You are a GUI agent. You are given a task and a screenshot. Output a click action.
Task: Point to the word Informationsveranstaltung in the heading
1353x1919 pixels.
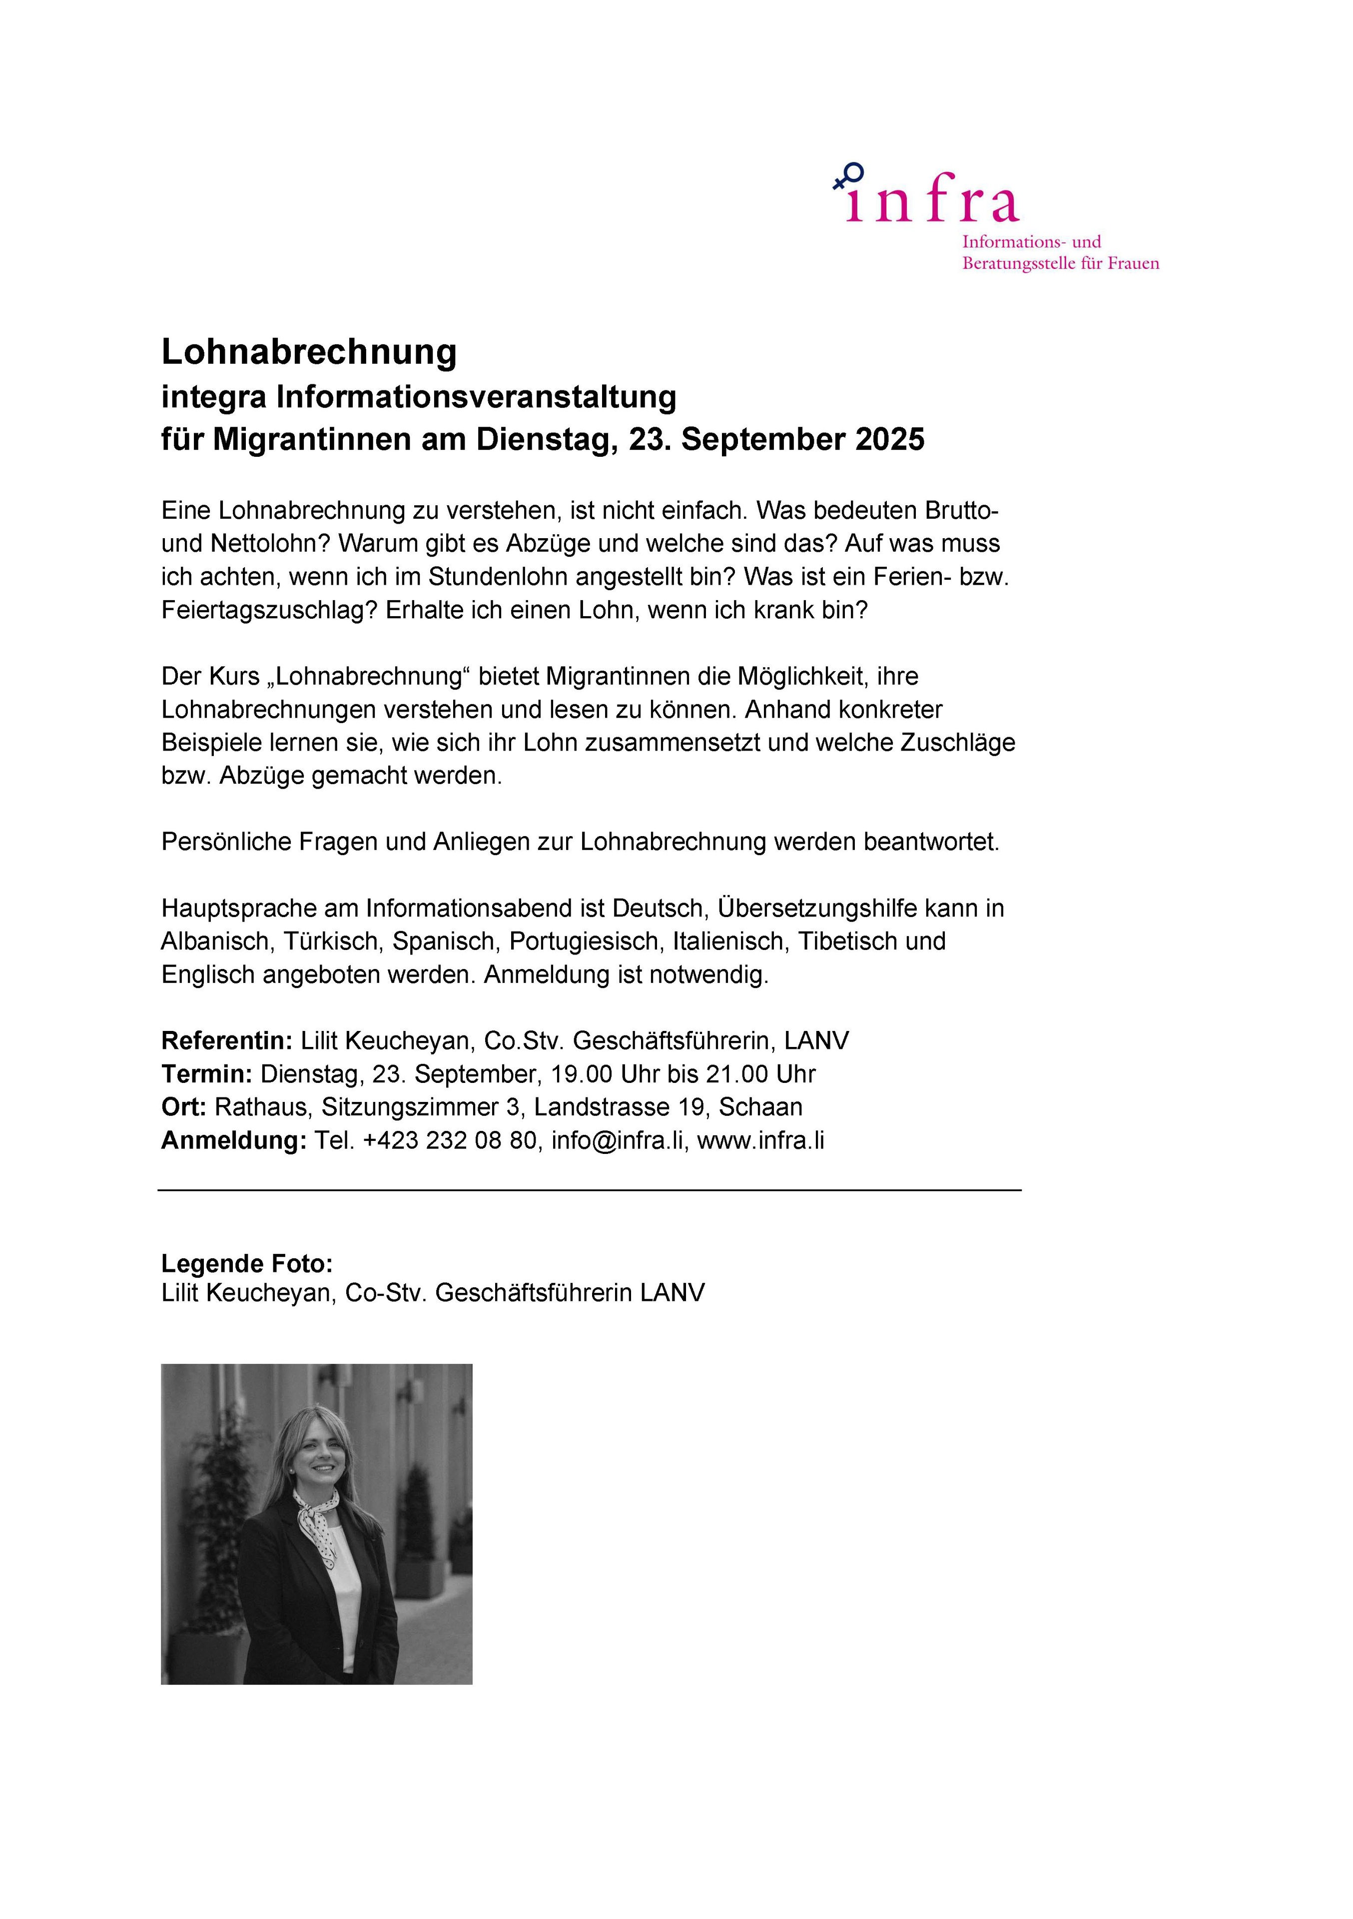(476, 396)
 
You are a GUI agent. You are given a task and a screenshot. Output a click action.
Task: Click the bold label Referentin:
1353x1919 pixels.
(226, 1040)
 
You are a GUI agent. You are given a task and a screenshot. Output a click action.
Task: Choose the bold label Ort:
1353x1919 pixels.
(183, 1107)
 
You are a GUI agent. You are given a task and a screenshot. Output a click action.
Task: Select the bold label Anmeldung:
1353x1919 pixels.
(234, 1141)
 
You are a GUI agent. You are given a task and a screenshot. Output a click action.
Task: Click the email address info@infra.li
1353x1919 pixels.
(619, 1141)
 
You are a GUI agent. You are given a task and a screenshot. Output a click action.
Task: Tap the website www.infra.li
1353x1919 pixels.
(760, 1141)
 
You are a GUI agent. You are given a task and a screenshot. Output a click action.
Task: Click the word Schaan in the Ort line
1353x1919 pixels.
(760, 1107)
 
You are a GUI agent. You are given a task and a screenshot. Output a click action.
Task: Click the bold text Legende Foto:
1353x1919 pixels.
(246, 1264)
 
